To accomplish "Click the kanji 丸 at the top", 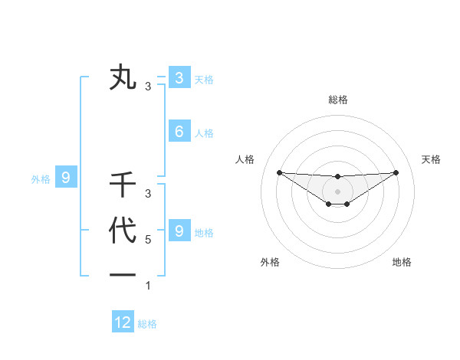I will (123, 78).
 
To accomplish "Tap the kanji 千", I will (123, 185).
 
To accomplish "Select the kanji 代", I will (123, 231).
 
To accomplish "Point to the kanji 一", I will (123, 275).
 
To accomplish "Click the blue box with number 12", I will (123, 322).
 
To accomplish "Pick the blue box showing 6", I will (179, 132).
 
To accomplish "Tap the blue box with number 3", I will (179, 77).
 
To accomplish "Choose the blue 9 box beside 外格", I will (66, 178).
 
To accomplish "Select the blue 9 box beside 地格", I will (179, 231).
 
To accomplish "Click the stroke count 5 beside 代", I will (148, 240).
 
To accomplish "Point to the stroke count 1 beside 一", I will (148, 286).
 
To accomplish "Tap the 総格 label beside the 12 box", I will (147, 324).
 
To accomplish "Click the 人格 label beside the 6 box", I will (204, 133).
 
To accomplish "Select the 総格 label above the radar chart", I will (337, 100).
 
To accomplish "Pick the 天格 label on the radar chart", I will (432, 159).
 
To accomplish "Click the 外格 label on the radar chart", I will (270, 262).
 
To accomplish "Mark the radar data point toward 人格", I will (279, 172).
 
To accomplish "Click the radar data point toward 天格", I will (396, 172).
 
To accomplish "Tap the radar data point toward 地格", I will (347, 204).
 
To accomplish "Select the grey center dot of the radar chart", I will (337, 191).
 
